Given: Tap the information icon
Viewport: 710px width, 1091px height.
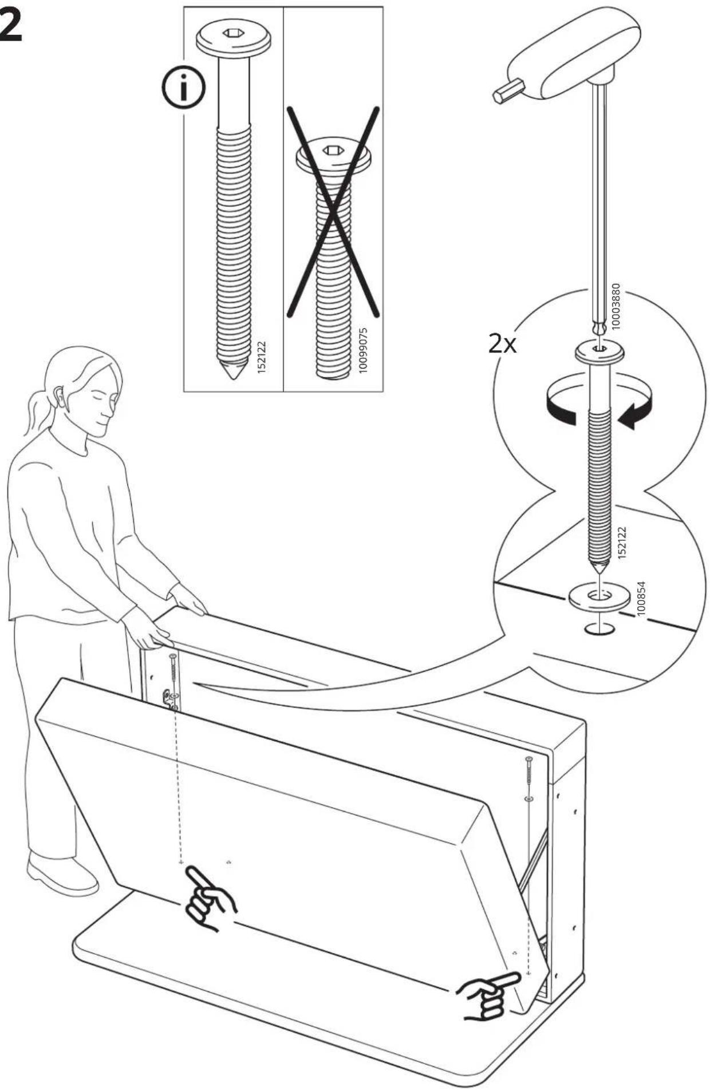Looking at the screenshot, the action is [x=183, y=89].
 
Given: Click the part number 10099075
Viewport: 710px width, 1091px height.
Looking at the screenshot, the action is [x=363, y=350].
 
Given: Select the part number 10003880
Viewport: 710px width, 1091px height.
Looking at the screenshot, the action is [x=616, y=306].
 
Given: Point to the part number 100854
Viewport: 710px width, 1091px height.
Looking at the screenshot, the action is [x=641, y=599].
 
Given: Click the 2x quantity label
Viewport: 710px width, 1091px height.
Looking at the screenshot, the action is [x=502, y=344].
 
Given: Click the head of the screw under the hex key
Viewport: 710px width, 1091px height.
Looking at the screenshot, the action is [x=599, y=351].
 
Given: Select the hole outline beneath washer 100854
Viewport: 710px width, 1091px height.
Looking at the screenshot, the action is [x=599, y=630].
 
